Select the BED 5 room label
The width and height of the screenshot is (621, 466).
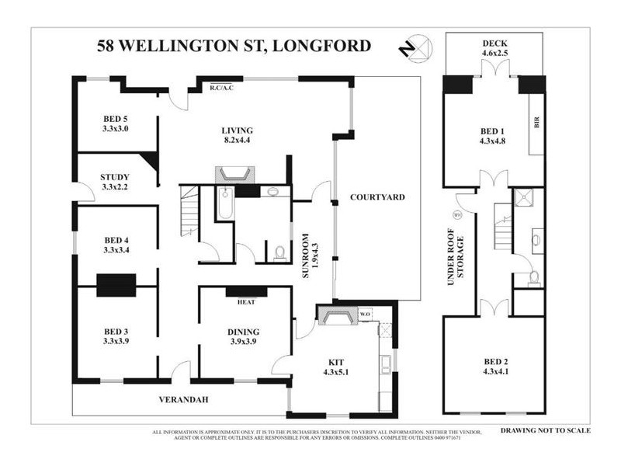click(x=115, y=123)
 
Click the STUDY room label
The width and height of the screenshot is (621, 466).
click(x=115, y=181)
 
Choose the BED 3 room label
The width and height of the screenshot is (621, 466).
click(x=115, y=333)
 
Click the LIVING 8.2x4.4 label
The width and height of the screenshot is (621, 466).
click(x=236, y=135)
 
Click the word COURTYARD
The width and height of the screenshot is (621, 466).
click(x=377, y=198)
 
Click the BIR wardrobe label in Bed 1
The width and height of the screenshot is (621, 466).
click(x=536, y=123)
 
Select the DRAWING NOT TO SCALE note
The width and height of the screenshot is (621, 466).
click(x=545, y=429)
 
